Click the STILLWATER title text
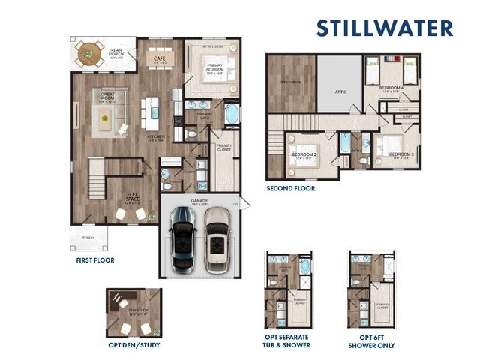(x=384, y=28)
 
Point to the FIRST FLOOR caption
(x=94, y=261)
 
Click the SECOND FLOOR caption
(x=291, y=189)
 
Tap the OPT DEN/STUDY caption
(x=134, y=346)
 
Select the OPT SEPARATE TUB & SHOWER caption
(x=286, y=341)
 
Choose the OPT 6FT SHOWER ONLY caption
(x=371, y=341)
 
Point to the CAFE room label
(x=159, y=58)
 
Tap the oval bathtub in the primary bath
(x=232, y=115)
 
